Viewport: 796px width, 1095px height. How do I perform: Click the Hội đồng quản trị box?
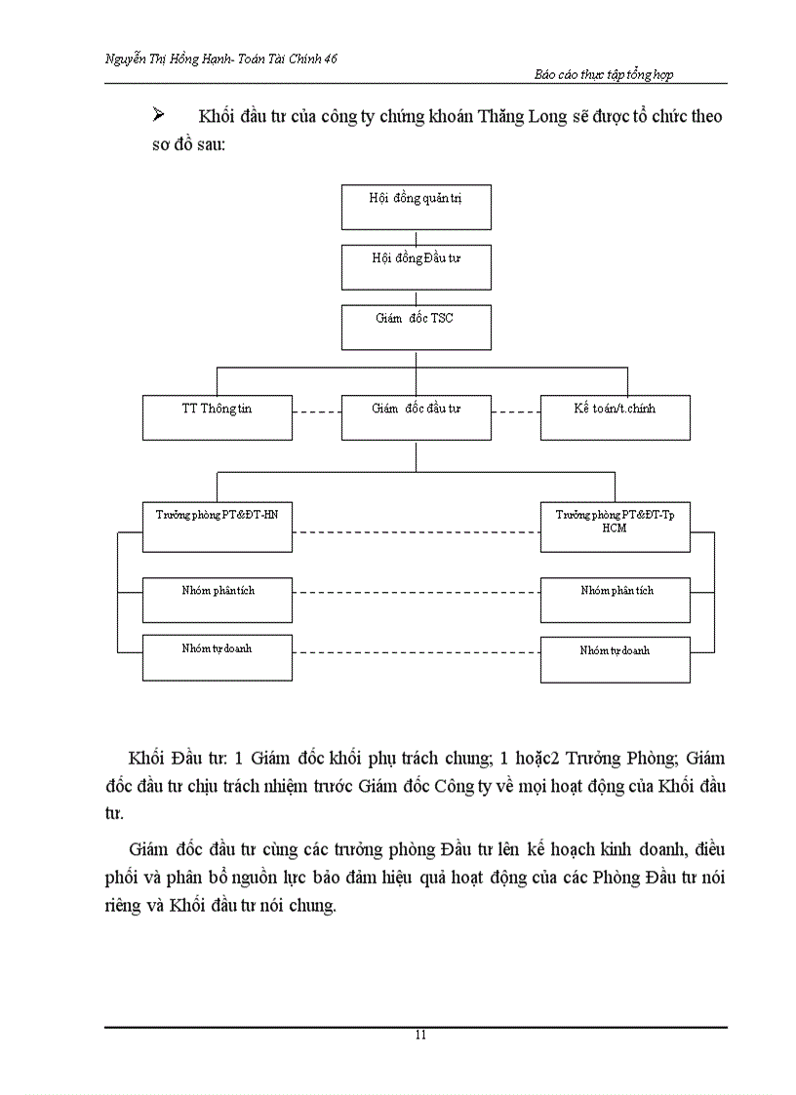(416, 207)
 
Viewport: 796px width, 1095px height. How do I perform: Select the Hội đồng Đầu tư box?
(416, 266)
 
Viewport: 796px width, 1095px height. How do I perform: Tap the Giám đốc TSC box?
(416, 327)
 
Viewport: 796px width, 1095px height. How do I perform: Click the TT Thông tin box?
(217, 416)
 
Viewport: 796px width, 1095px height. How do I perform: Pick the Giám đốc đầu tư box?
(416, 416)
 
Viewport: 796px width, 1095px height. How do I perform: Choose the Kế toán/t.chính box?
(615, 416)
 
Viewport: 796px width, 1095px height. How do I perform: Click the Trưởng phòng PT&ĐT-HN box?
(217, 527)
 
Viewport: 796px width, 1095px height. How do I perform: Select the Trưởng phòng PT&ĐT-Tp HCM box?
(615, 527)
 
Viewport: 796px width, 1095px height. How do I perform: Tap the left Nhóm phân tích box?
(217, 600)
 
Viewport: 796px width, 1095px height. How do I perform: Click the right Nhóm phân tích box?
(615, 600)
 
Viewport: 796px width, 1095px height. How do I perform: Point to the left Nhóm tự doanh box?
(217, 656)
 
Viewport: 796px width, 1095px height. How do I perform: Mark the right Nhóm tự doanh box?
(615, 658)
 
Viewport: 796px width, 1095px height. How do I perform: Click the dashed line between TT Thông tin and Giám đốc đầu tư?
(316, 412)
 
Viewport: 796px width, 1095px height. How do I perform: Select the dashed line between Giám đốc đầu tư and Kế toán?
(515, 412)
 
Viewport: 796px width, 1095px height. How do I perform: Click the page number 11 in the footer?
(419, 1036)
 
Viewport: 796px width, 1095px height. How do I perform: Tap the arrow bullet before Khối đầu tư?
(159, 117)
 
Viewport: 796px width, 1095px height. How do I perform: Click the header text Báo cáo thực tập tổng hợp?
(605, 74)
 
